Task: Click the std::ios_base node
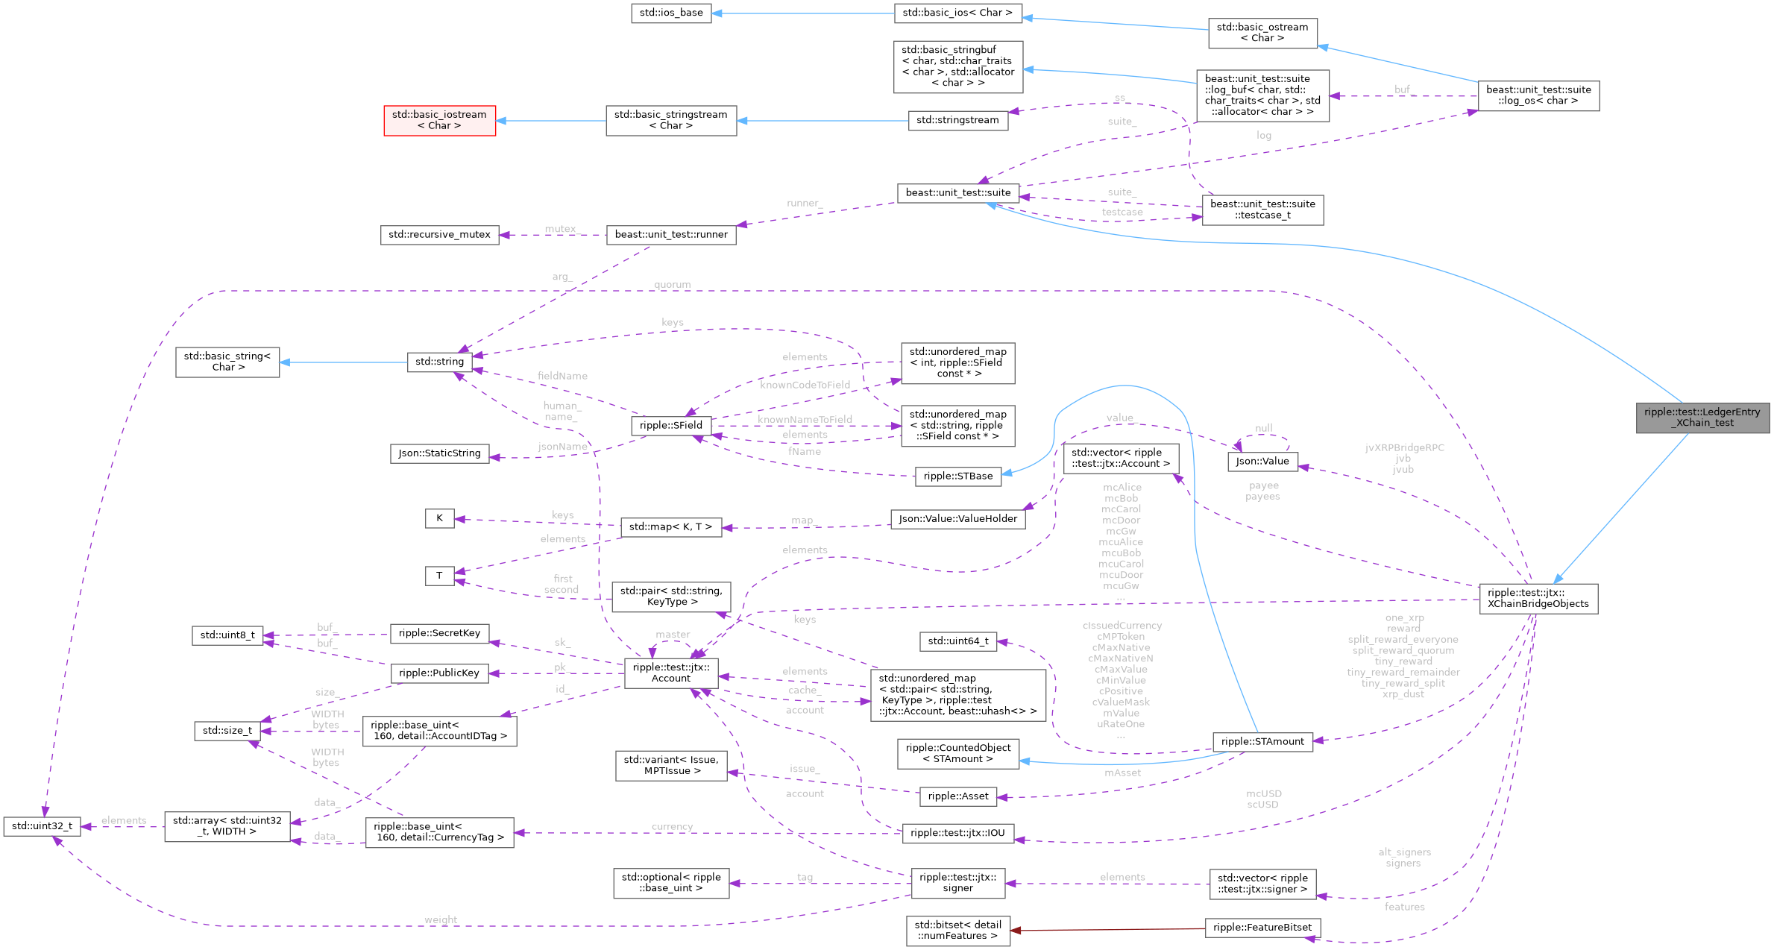671,13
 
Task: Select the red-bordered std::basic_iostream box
439,120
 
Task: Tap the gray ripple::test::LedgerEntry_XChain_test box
1703,418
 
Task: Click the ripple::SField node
671,425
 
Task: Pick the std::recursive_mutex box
439,234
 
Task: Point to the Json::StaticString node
439,453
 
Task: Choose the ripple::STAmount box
1262,741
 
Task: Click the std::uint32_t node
42,826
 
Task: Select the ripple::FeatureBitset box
1262,928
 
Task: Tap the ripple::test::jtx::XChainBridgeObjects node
1538,598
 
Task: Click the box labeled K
439,518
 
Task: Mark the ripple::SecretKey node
439,633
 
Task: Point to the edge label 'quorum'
672,285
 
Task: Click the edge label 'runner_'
804,203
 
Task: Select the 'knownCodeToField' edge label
805,385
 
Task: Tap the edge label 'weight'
441,919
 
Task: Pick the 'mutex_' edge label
561,229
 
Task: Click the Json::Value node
1262,461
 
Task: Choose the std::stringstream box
957,120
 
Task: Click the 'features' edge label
1404,907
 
